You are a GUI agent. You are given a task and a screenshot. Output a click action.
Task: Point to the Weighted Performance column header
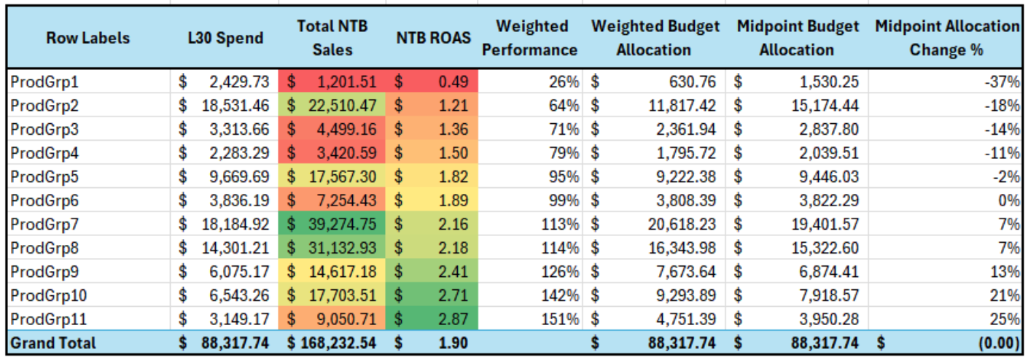pos(531,38)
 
